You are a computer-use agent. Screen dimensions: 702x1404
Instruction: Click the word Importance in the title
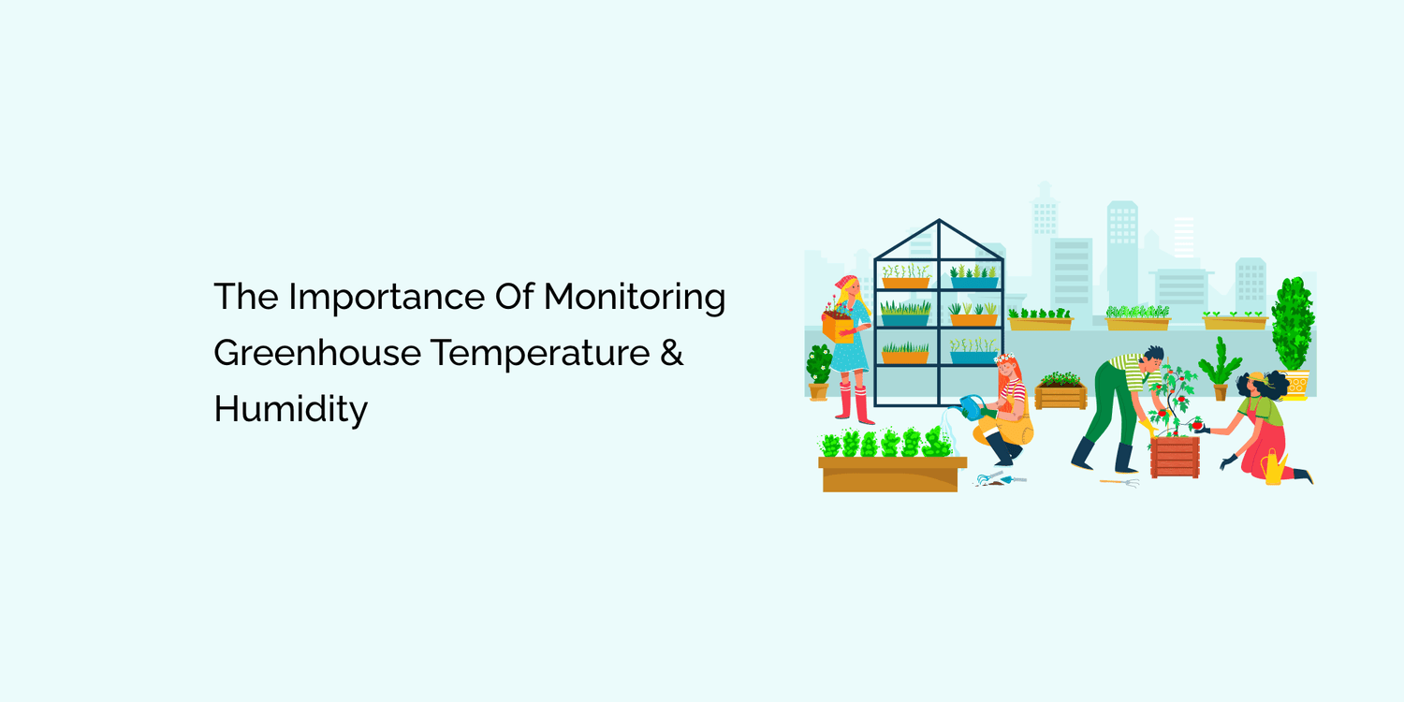pyautogui.click(x=386, y=298)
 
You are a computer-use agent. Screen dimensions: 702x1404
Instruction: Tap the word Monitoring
pyautogui.click(x=635, y=298)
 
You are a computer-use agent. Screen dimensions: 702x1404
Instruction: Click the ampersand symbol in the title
pyautogui.click(x=671, y=354)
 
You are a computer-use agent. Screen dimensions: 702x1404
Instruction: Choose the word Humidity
pyautogui.click(x=290, y=410)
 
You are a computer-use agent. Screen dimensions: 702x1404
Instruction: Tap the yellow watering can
pyautogui.click(x=1273, y=467)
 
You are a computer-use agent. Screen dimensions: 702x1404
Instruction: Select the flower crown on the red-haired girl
pyautogui.click(x=1006, y=359)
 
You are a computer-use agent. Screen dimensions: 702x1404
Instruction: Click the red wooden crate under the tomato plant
pyautogui.click(x=1175, y=457)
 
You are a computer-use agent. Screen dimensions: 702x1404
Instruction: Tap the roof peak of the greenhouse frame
pyautogui.click(x=939, y=222)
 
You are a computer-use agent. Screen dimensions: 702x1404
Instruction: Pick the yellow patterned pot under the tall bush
pyautogui.click(x=1296, y=384)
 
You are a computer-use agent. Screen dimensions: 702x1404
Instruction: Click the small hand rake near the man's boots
pyautogui.click(x=1121, y=482)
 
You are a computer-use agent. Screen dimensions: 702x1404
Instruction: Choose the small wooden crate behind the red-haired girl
pyautogui.click(x=1060, y=395)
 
